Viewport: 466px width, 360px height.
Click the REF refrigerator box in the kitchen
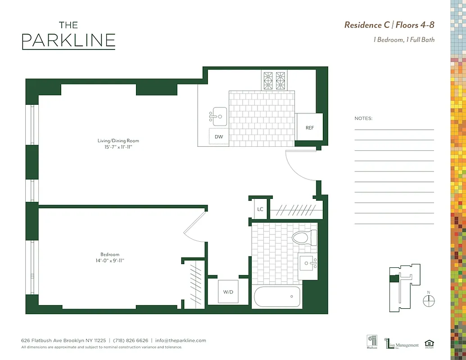pyautogui.click(x=310, y=127)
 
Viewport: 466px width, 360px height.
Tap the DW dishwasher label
pyautogui.click(x=219, y=137)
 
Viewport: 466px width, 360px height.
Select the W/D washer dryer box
pyautogui.click(x=228, y=292)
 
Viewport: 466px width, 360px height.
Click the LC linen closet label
pyautogui.click(x=260, y=209)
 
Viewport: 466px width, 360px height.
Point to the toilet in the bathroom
pyautogui.click(x=305, y=237)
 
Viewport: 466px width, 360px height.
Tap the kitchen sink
pyautogui.click(x=219, y=117)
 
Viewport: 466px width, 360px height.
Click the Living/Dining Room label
pyautogui.click(x=118, y=141)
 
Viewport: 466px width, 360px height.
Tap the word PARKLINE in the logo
pyautogui.click(x=68, y=40)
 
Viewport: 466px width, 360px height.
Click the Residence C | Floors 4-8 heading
pyautogui.click(x=389, y=25)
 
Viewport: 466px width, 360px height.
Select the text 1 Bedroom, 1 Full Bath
pyautogui.click(x=404, y=40)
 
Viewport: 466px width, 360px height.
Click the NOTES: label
pyautogui.click(x=364, y=118)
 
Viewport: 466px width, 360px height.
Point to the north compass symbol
pyautogui.click(x=429, y=301)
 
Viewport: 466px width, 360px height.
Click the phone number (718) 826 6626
pyautogui.click(x=130, y=341)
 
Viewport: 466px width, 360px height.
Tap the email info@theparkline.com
pyautogui.click(x=181, y=341)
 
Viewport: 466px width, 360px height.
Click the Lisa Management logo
pyautogui.click(x=402, y=344)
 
